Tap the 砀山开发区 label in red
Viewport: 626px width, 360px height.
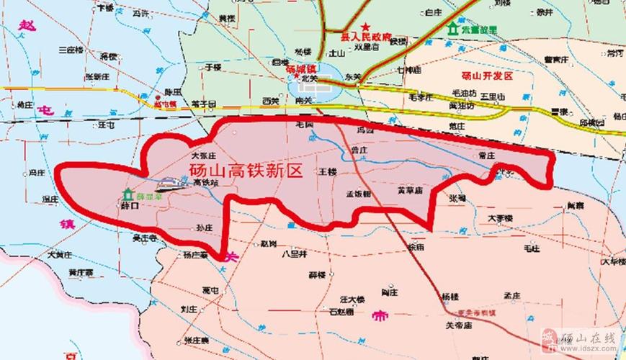487,76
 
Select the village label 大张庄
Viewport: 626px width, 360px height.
204,155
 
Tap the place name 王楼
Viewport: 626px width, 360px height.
328,171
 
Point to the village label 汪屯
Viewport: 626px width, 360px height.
107,125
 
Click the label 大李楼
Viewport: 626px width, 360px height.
499,217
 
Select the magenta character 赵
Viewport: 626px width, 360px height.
27,26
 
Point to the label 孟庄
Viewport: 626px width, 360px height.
512,295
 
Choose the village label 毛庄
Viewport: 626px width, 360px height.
532,248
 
